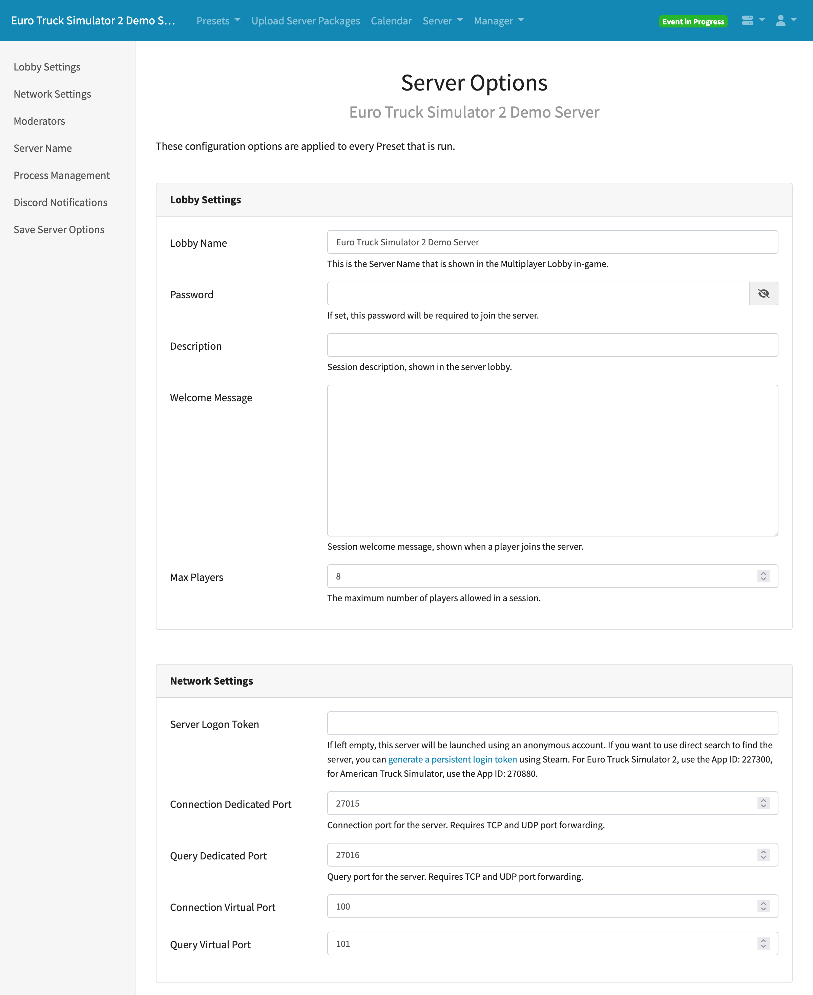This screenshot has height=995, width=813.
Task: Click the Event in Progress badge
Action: [693, 22]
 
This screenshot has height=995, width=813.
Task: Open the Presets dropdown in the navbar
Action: [218, 21]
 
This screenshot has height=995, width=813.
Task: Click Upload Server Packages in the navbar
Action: [305, 21]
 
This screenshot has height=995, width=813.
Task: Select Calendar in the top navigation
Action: [391, 21]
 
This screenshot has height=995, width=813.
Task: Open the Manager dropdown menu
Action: [498, 21]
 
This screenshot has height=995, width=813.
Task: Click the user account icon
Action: [781, 21]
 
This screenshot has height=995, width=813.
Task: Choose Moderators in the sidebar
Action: [39, 121]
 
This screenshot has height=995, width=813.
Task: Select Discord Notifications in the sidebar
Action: [60, 202]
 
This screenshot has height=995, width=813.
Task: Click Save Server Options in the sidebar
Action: [59, 229]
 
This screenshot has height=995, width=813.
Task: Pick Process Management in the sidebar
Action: [61, 175]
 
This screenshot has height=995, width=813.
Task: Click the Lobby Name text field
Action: [552, 242]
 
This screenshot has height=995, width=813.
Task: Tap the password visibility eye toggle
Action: [763, 294]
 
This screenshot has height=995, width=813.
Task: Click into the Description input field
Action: [552, 345]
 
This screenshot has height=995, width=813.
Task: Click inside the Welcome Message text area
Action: [552, 461]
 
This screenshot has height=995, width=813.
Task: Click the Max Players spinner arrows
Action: [763, 576]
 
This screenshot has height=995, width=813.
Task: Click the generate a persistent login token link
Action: [452, 759]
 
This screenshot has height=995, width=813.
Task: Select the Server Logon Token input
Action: [552, 723]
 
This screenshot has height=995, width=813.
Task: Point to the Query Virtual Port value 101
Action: [343, 944]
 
